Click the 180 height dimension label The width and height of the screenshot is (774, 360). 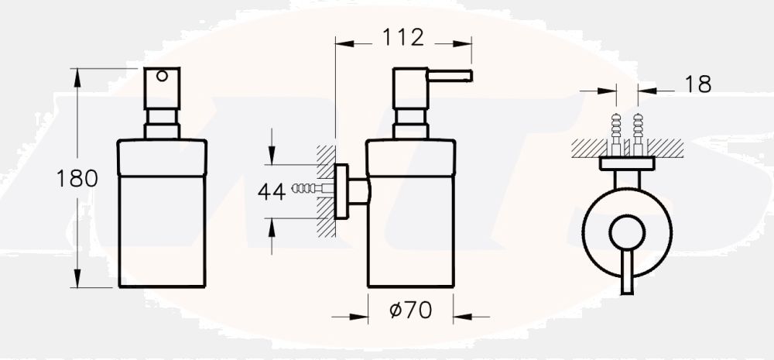[77, 179]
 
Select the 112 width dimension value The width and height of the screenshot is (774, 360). [403, 36]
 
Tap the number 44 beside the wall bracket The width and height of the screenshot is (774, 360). [271, 191]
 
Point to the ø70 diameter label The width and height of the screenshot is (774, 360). [410, 310]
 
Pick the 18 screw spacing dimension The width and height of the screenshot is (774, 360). [698, 84]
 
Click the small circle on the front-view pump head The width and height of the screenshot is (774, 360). [162, 76]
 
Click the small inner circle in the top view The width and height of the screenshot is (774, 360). [626, 232]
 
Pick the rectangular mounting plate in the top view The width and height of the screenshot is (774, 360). [627, 163]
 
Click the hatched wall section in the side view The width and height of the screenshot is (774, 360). [326, 190]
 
